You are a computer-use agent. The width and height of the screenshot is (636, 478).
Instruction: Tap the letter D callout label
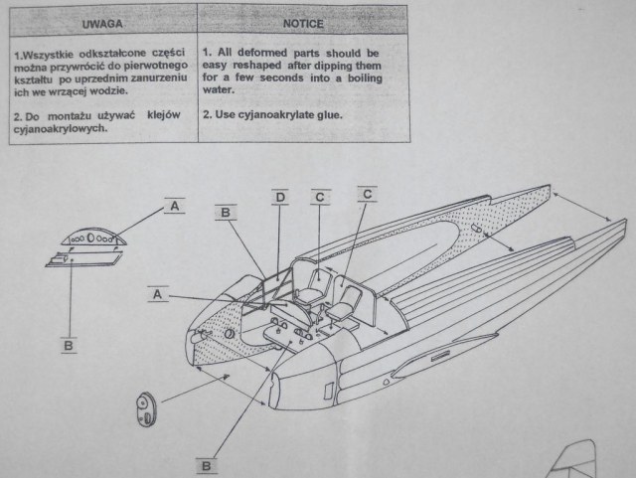[x=280, y=197]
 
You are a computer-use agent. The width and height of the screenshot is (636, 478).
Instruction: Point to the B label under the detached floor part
[x=68, y=345]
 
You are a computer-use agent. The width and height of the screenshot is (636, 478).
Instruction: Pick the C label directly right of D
[x=319, y=197]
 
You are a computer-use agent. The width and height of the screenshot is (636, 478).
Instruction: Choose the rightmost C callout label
[x=367, y=195]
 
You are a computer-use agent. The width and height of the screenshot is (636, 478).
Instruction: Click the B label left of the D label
[x=226, y=212]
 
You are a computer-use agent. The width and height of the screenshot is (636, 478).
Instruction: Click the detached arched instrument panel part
[x=91, y=239]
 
